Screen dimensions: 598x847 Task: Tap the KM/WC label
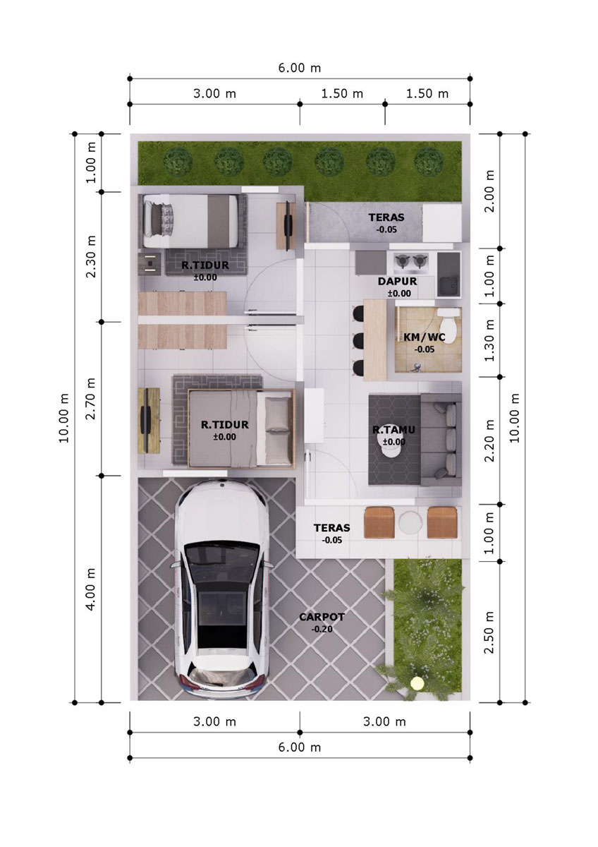[x=425, y=337]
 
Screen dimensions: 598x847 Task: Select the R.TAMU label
[x=393, y=430]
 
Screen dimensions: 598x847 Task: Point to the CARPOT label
[x=322, y=617]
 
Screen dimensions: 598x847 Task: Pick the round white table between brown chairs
[x=410, y=523]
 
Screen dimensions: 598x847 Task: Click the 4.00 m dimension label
[x=91, y=589]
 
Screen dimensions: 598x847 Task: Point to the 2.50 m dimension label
[x=489, y=632]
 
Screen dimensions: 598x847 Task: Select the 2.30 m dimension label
[x=91, y=257]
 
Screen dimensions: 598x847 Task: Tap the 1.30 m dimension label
[x=489, y=340]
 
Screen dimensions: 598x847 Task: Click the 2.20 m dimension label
[x=489, y=440]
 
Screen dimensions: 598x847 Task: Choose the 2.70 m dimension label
[x=91, y=399]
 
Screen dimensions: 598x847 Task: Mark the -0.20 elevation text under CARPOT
[x=322, y=629]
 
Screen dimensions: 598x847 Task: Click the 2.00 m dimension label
[x=489, y=191]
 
